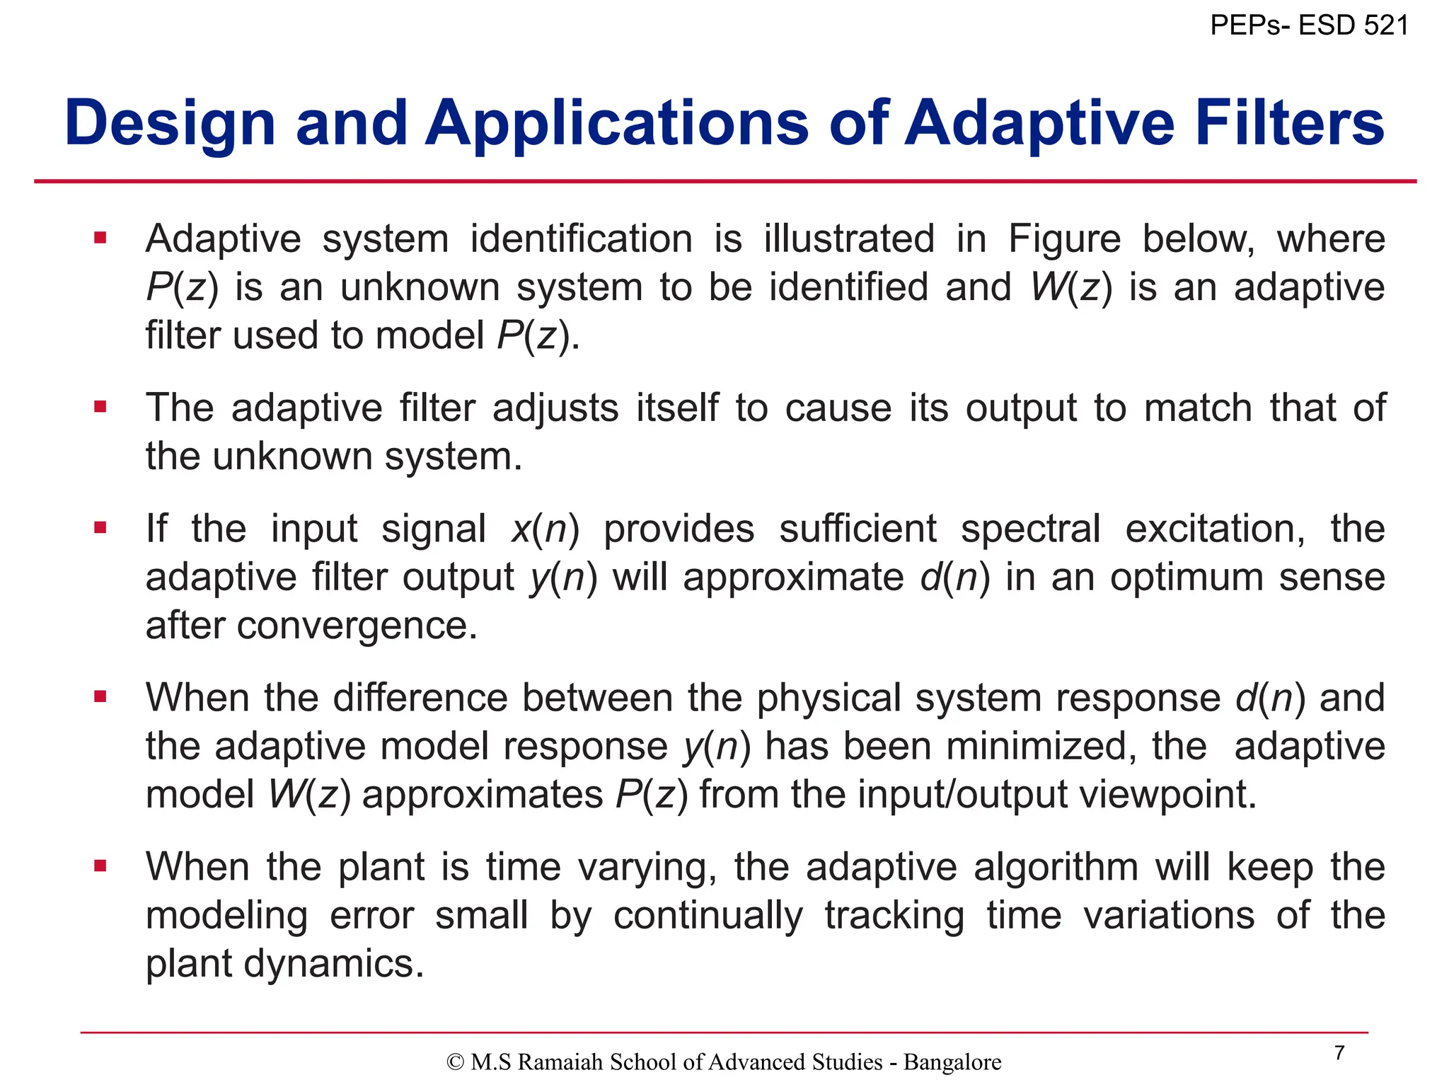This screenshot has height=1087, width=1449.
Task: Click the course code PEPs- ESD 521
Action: point(1309,25)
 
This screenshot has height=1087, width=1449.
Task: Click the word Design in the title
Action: point(170,124)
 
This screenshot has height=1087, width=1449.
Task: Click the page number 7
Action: point(1339,1053)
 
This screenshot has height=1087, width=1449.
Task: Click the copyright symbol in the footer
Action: point(456,1062)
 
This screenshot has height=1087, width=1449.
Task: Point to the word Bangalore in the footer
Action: point(952,1062)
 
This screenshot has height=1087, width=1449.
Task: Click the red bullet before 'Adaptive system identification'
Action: point(100,238)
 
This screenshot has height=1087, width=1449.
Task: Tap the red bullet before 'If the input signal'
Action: point(100,528)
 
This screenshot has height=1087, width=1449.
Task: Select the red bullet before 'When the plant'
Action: point(100,865)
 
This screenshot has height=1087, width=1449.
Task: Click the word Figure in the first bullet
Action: point(1064,239)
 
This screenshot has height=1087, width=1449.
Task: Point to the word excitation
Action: point(1214,529)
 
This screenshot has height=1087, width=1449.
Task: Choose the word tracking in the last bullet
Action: point(894,915)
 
